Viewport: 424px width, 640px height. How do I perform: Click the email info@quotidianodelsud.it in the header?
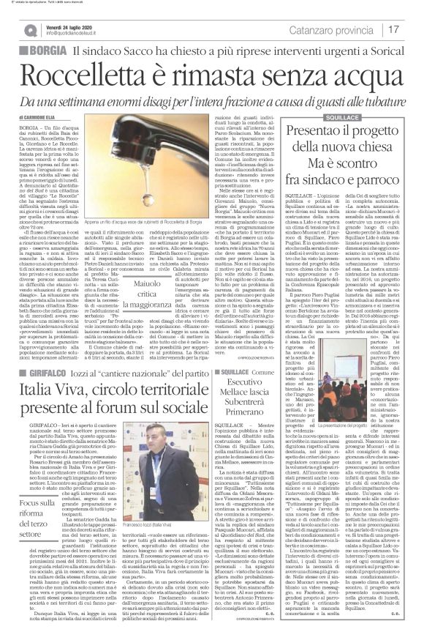tap(80, 34)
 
